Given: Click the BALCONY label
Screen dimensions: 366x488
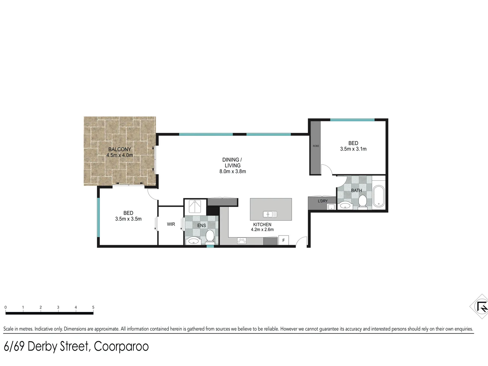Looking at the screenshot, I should point(120,149).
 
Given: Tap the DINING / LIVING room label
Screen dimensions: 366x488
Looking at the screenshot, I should point(232,163).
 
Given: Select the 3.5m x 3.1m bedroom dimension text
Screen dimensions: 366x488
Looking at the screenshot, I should point(353,149).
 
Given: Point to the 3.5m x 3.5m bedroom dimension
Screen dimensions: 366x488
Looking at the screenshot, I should point(128,219).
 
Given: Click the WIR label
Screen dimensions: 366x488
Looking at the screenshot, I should point(171,224).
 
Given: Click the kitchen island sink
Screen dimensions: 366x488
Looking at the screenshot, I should point(270,214).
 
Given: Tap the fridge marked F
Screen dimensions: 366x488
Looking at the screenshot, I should point(283,241).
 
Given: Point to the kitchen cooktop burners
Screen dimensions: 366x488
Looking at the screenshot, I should point(242,241).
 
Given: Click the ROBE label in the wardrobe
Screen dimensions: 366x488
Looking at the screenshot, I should point(316,146).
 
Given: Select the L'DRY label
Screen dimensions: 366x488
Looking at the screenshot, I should point(323,201).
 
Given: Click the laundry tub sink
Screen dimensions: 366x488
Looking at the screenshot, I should point(331,207).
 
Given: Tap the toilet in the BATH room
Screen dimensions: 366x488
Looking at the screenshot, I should point(362,201).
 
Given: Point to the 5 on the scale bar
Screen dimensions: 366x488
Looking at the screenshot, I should point(93,307).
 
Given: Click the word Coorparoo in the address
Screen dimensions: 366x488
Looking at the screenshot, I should point(121,347).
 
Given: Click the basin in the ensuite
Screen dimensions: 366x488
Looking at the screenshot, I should point(194,241).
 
